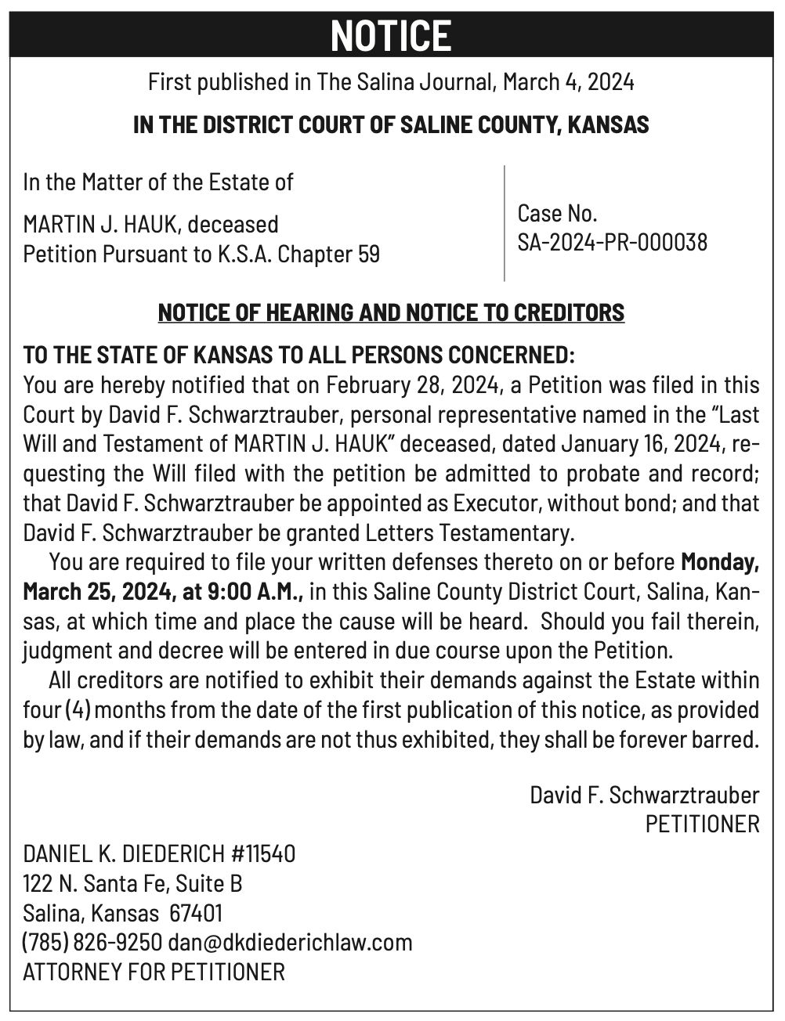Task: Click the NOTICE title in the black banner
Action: pos(391,36)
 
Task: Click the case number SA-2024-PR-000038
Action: pos(612,242)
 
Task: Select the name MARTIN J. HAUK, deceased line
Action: pos(151,225)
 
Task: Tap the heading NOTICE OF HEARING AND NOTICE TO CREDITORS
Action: pos(391,312)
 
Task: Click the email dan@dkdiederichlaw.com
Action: pos(290,942)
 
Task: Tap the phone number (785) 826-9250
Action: pos(92,942)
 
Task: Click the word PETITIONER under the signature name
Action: pos(702,824)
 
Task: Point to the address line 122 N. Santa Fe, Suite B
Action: pos(132,883)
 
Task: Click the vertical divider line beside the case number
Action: pos(504,223)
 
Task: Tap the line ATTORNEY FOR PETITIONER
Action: pos(154,972)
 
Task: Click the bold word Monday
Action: pos(719,562)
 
